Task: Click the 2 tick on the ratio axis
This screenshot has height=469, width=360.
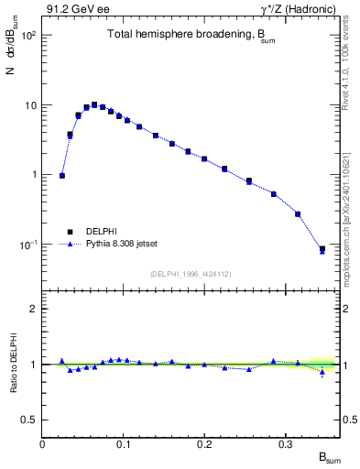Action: point(35,309)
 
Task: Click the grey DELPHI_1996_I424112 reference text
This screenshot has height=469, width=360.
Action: point(191,272)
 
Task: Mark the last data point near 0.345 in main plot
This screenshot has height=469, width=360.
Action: point(322,249)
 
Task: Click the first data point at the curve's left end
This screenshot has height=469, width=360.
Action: point(61,175)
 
